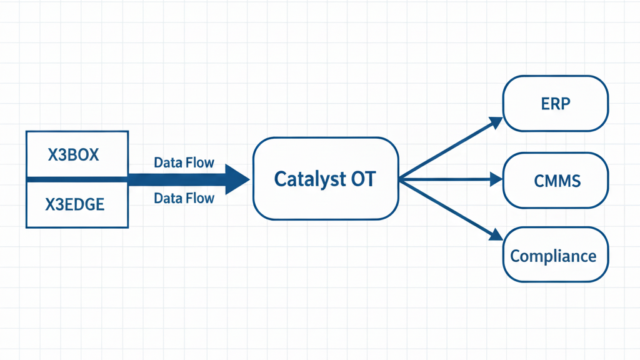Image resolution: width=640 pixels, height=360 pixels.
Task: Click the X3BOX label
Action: pyautogui.click(x=74, y=154)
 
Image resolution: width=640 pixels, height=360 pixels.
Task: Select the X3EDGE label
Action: pyautogui.click(x=75, y=204)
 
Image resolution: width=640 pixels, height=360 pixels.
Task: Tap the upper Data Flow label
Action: pyautogui.click(x=184, y=163)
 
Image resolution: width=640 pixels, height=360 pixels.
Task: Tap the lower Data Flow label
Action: pyautogui.click(x=184, y=199)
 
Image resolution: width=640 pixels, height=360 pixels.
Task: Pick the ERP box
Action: pyautogui.click(x=556, y=103)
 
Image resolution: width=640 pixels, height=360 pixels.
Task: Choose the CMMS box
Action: pyautogui.click(x=556, y=181)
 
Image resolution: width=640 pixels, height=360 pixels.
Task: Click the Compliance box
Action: pyautogui.click(x=556, y=255)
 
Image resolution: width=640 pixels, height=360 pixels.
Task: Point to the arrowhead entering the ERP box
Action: pyautogui.click(x=497, y=121)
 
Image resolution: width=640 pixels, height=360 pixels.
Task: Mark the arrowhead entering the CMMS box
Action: pyautogui.click(x=497, y=180)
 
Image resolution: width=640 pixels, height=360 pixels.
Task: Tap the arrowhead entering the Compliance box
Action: pyautogui.click(x=497, y=236)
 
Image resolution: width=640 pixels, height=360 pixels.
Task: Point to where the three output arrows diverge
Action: pyautogui.click(x=401, y=180)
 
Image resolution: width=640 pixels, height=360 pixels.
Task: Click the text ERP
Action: pyautogui.click(x=556, y=103)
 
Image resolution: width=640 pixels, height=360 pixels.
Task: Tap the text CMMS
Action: pyautogui.click(x=557, y=181)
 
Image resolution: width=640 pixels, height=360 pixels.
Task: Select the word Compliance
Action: pyautogui.click(x=553, y=256)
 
